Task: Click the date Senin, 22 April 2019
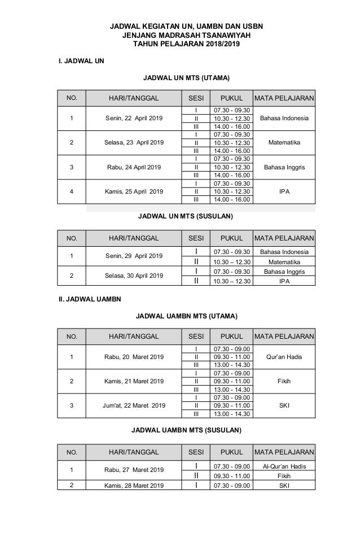134,119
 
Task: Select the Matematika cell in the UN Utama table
284,143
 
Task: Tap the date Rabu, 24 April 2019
133,167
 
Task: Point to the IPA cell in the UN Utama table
284,191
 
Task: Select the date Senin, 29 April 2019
134,256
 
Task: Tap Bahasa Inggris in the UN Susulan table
284,271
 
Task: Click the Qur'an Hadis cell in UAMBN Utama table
284,356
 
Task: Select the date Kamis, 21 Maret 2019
134,381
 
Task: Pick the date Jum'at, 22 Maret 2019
134,405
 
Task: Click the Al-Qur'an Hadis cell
284,466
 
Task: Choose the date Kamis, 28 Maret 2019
134,486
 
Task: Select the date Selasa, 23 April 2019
134,143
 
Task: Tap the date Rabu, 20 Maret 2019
134,357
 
